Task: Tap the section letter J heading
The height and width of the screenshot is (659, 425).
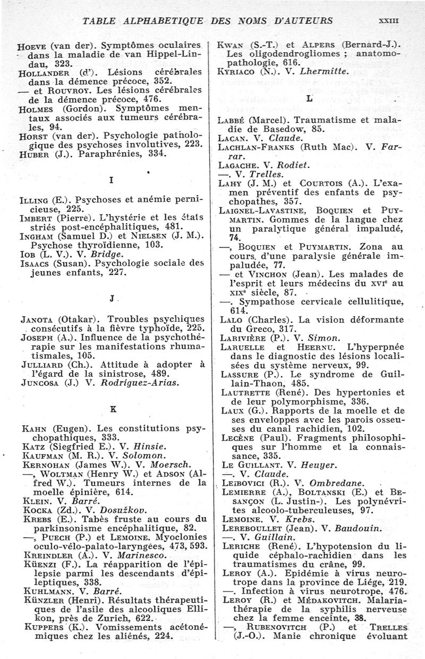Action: click(x=110, y=298)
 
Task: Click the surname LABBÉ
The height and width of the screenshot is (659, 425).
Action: click(x=235, y=121)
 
